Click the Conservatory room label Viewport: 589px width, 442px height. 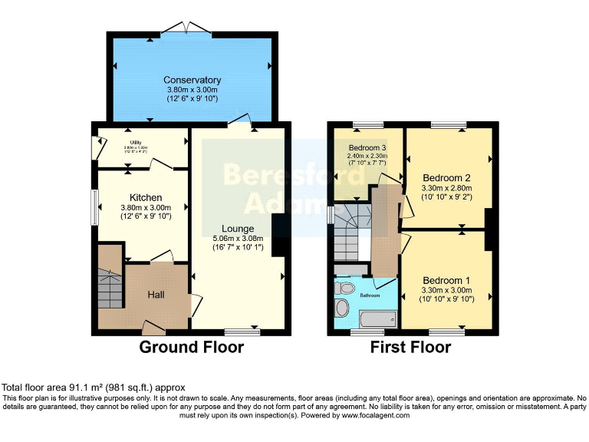click(x=192, y=80)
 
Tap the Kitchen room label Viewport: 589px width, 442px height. click(x=145, y=197)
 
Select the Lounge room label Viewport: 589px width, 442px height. click(x=238, y=228)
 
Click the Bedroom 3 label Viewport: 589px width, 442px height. click(x=367, y=147)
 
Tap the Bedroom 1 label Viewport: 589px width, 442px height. click(x=446, y=280)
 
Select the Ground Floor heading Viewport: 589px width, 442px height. click(x=191, y=347)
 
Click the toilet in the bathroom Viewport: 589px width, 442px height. click(x=344, y=289)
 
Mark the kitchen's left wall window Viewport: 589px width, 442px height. click(x=95, y=206)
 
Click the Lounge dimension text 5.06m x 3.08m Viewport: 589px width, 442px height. click(x=238, y=239)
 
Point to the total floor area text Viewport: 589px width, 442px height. click(x=94, y=388)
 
